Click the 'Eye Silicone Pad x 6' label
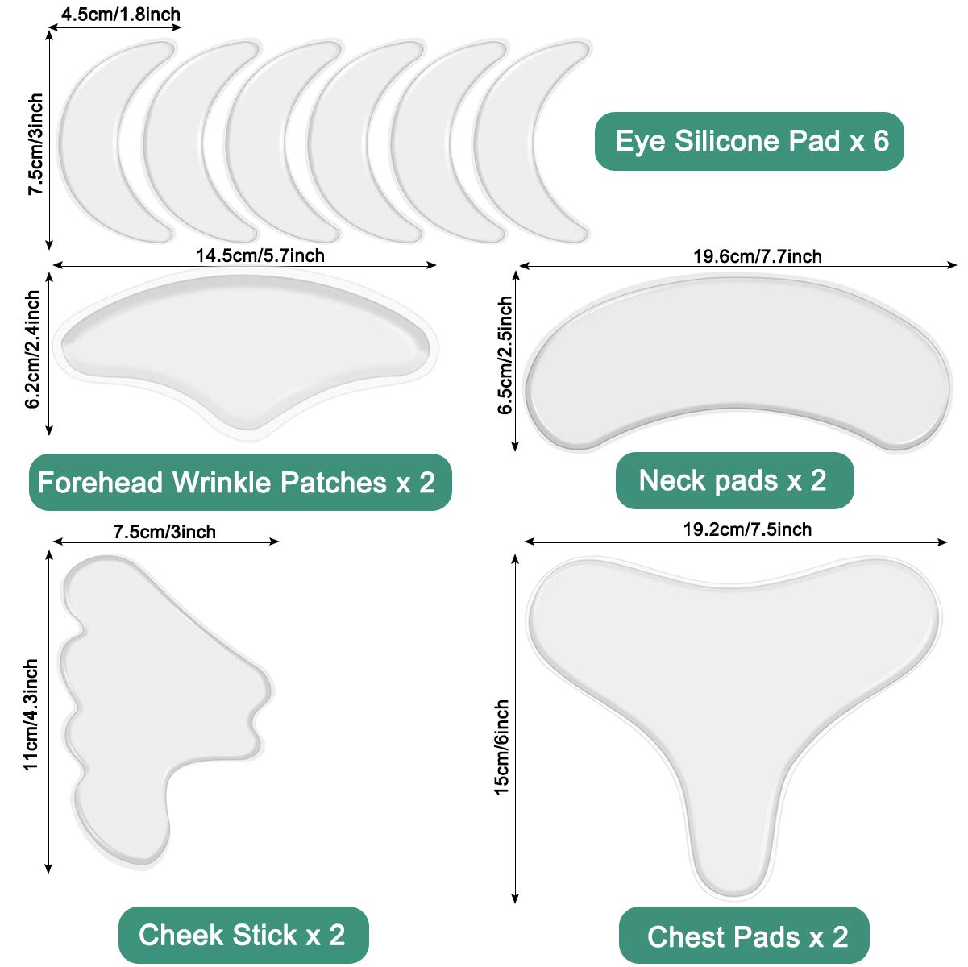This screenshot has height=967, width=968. pos(750,142)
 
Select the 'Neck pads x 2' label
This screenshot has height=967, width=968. pos(733,480)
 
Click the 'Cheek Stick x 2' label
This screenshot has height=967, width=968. pos(242,935)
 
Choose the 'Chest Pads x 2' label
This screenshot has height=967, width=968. pos(747,936)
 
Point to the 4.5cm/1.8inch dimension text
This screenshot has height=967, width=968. pos(121,15)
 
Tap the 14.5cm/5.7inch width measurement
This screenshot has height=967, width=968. pos(260,255)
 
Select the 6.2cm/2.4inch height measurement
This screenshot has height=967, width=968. pos(33,351)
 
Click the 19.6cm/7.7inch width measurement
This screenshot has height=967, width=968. pos(758,256)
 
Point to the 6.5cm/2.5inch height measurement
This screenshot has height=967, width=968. pos(505,355)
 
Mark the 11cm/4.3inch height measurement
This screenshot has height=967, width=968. pos(31,715)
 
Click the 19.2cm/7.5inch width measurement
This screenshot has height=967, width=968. pos(747,529)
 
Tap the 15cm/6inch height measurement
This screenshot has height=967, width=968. pos(501,747)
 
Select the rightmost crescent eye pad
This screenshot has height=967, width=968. pos(524,141)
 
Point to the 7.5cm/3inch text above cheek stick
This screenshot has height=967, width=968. pos(164,532)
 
